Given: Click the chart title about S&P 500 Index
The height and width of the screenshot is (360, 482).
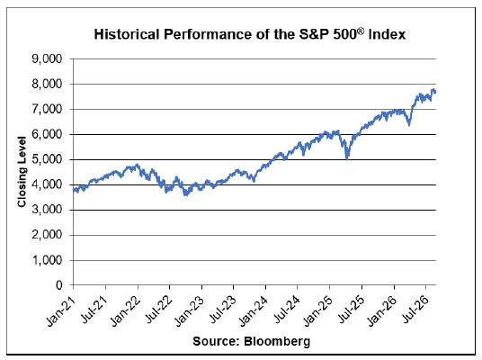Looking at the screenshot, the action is point(250,34).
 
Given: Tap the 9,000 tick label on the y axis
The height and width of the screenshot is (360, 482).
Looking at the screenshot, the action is point(47,58).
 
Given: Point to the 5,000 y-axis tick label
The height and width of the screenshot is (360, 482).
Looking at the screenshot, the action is point(47,159).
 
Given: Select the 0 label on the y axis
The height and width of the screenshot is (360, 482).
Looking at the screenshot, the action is point(59,285).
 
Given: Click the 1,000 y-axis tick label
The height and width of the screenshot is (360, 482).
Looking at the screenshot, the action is point(47,260).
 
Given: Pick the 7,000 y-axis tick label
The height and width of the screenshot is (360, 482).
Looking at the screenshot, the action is point(47,109).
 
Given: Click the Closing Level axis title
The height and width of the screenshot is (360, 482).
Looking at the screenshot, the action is point(22,172).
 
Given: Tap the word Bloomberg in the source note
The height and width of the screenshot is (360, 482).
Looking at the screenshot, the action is point(277,341).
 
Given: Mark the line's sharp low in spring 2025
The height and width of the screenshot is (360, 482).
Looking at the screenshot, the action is point(347,159).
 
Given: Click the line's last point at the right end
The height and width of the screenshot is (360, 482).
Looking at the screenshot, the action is point(435,92).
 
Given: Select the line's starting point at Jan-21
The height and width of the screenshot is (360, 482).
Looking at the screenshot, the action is point(74,190).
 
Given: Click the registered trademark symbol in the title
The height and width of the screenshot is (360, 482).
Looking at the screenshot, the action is point(361,31).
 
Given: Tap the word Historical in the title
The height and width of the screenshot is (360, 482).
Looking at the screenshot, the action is point(126,34).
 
